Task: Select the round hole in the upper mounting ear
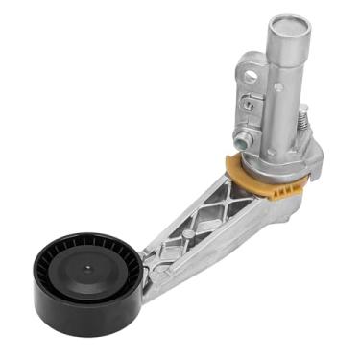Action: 252,75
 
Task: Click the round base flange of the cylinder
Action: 283,154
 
